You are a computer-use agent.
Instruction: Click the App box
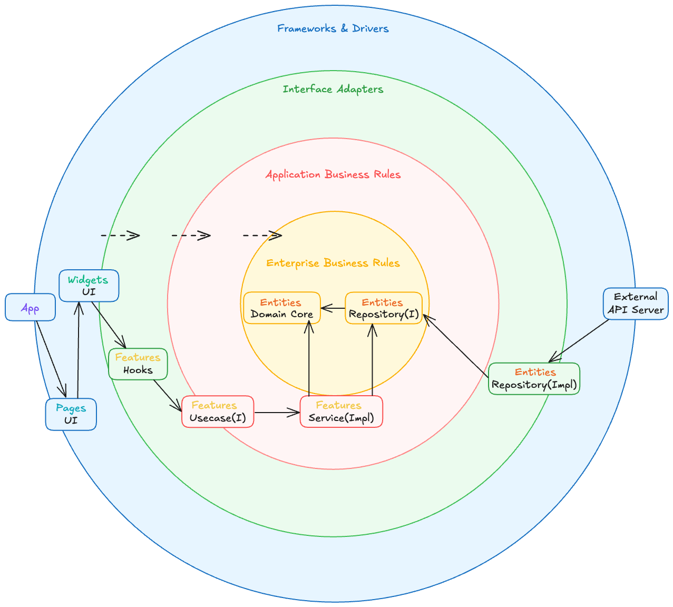click(x=30, y=307)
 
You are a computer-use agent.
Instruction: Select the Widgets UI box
click(x=89, y=286)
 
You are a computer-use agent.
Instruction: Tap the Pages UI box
click(x=71, y=414)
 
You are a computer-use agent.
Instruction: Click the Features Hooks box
click(x=138, y=364)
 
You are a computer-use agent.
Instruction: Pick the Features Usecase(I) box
click(x=218, y=412)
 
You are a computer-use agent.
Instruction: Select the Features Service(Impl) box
click(x=341, y=412)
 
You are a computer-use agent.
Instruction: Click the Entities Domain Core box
click(x=281, y=308)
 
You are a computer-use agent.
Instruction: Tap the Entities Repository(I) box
click(x=384, y=308)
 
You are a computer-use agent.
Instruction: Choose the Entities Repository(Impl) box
click(x=534, y=378)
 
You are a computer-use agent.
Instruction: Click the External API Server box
click(x=636, y=303)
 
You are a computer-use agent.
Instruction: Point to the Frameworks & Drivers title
click(x=333, y=28)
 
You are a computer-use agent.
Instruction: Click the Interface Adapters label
click(x=333, y=89)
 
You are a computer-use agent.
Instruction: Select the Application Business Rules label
click(x=333, y=174)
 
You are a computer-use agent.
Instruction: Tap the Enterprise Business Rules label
click(x=333, y=263)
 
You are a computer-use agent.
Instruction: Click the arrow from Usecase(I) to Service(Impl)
click(x=277, y=412)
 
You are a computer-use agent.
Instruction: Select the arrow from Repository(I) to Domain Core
click(x=333, y=308)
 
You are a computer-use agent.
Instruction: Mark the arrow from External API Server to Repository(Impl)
click(x=579, y=341)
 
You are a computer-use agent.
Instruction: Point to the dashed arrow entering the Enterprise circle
click(x=262, y=235)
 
